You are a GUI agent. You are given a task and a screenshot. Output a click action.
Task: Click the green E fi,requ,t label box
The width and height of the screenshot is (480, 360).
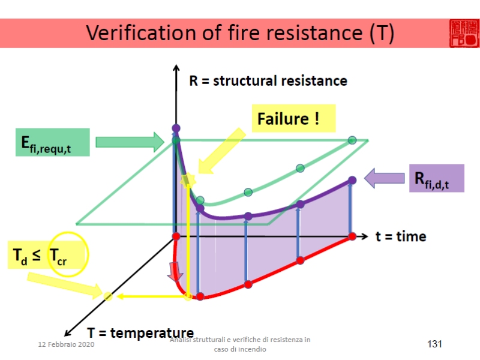coord(53,142)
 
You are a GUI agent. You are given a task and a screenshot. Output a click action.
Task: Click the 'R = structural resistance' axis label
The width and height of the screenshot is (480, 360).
coord(268,80)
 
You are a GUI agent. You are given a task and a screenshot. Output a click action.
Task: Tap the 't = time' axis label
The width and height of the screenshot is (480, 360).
coord(401,236)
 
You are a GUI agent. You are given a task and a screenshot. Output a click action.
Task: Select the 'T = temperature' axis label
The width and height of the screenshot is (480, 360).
coord(140,333)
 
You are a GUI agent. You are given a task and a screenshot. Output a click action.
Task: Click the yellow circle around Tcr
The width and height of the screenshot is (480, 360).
coord(68,254)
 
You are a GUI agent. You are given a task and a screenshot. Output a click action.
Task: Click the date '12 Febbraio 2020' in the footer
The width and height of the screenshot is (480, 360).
coord(66,345)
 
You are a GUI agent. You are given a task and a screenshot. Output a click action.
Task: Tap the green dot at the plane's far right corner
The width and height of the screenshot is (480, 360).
coord(352,140)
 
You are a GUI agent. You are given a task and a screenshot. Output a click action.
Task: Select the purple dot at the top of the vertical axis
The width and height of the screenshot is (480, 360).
coord(176,128)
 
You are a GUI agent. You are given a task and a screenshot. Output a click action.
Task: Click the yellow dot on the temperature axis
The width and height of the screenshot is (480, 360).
coord(108,296)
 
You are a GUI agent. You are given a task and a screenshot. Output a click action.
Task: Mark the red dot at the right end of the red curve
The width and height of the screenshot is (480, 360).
coord(352,236)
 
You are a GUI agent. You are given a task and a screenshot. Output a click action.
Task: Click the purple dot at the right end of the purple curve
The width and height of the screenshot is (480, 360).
coord(352,179)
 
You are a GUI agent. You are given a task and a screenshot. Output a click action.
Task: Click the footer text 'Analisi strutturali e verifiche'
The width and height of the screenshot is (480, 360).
coord(240,340)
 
